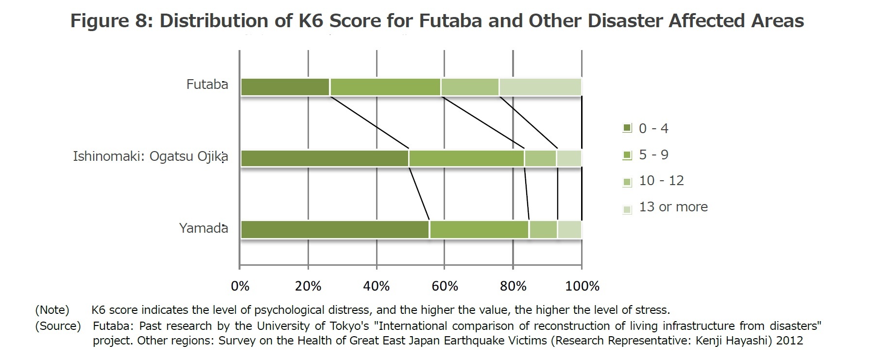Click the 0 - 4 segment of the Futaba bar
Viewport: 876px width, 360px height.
[x=285, y=87]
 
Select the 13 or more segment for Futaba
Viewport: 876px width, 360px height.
[x=540, y=87]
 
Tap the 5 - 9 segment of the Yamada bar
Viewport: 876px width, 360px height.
[x=479, y=229]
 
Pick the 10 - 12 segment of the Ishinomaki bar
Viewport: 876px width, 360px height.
[x=540, y=158]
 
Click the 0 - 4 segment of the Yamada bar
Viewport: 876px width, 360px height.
[x=335, y=229]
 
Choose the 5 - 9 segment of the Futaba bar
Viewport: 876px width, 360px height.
[x=385, y=87]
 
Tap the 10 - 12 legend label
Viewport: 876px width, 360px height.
[x=661, y=181]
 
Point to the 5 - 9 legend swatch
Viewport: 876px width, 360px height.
[x=627, y=155]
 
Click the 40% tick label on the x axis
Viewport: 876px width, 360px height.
[x=377, y=286]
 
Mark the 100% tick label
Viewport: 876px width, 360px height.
[x=582, y=286]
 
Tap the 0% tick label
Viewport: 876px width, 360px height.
[x=240, y=286]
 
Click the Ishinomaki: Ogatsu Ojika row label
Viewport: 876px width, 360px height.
[x=150, y=157]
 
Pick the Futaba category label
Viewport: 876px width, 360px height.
[x=207, y=85]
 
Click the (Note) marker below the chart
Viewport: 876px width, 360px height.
[x=52, y=310]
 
